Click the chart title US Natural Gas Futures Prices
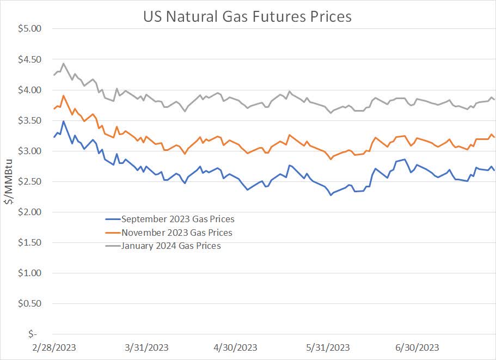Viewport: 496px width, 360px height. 247,16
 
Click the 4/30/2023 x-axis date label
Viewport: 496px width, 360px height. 235,347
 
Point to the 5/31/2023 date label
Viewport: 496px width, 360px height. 328,347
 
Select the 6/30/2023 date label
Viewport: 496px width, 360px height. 417,347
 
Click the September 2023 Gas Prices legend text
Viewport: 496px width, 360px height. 178,219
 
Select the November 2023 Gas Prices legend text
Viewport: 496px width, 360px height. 177,233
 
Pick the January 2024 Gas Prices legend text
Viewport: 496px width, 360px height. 172,246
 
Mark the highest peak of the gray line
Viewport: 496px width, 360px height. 64,63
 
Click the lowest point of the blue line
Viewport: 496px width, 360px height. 330,194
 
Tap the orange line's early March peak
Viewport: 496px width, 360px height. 64,96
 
